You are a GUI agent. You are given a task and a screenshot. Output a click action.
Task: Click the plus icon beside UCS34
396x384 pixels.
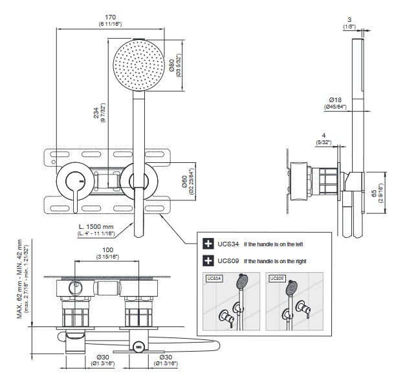[208, 244]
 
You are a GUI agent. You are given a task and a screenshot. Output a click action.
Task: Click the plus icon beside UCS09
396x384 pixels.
[208, 261]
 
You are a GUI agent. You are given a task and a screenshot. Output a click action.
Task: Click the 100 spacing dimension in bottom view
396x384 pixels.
[108, 250]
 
